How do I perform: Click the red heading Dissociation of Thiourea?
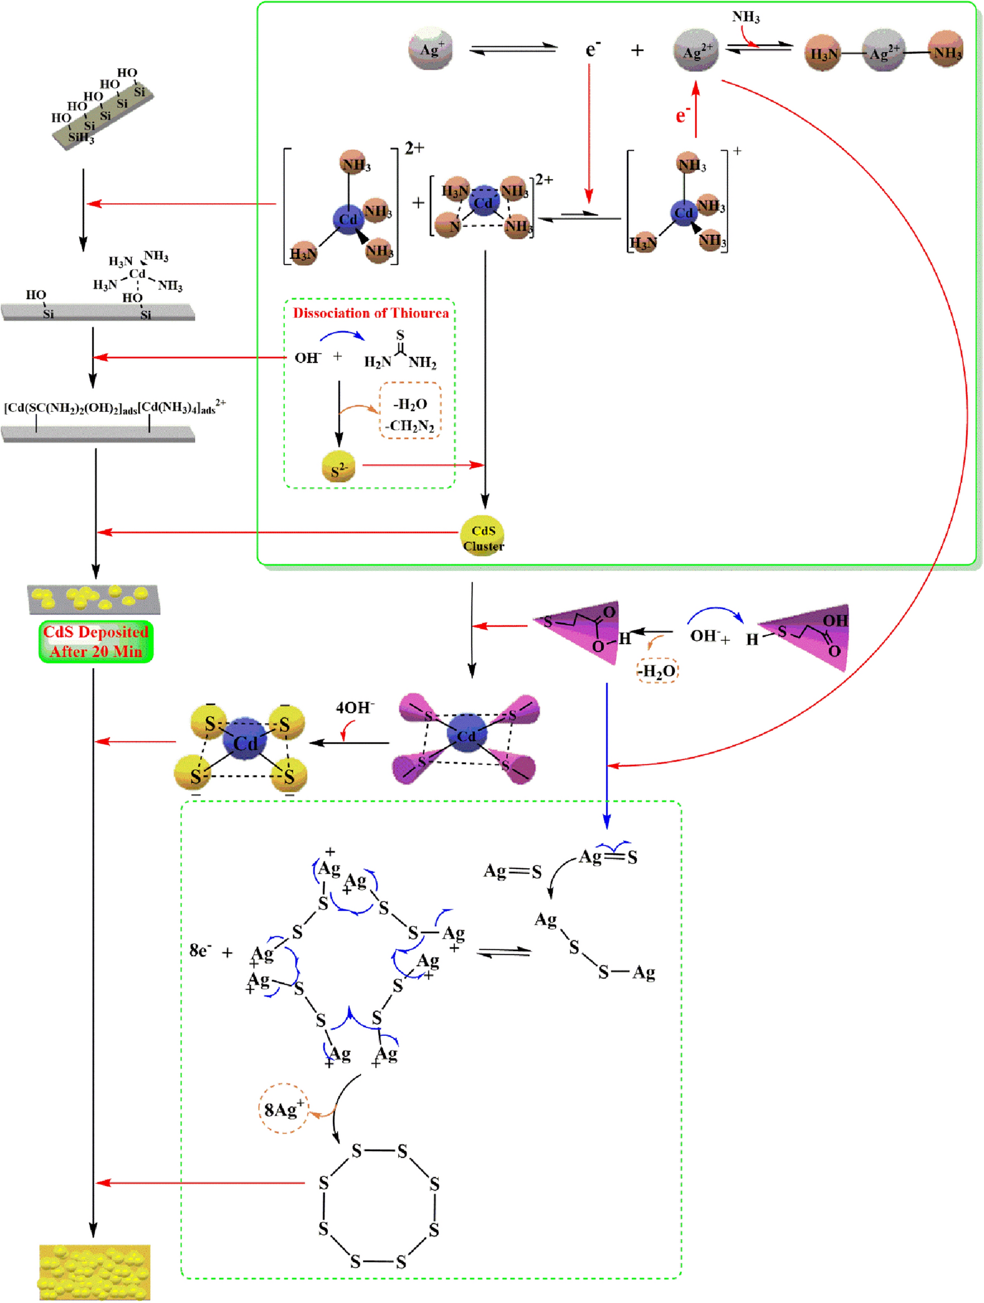point(371,313)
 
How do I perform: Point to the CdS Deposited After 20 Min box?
point(96,641)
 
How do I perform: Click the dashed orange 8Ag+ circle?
point(283,1110)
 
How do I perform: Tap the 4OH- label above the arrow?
point(355,707)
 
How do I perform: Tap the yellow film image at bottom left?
point(94,1272)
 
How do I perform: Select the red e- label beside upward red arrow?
point(682,115)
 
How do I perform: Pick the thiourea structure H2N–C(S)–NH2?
point(400,351)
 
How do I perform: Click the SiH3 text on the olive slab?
point(80,139)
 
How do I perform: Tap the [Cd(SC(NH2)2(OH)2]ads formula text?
point(71,408)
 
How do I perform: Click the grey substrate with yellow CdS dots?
point(94,599)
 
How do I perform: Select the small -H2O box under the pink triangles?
point(657,671)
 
